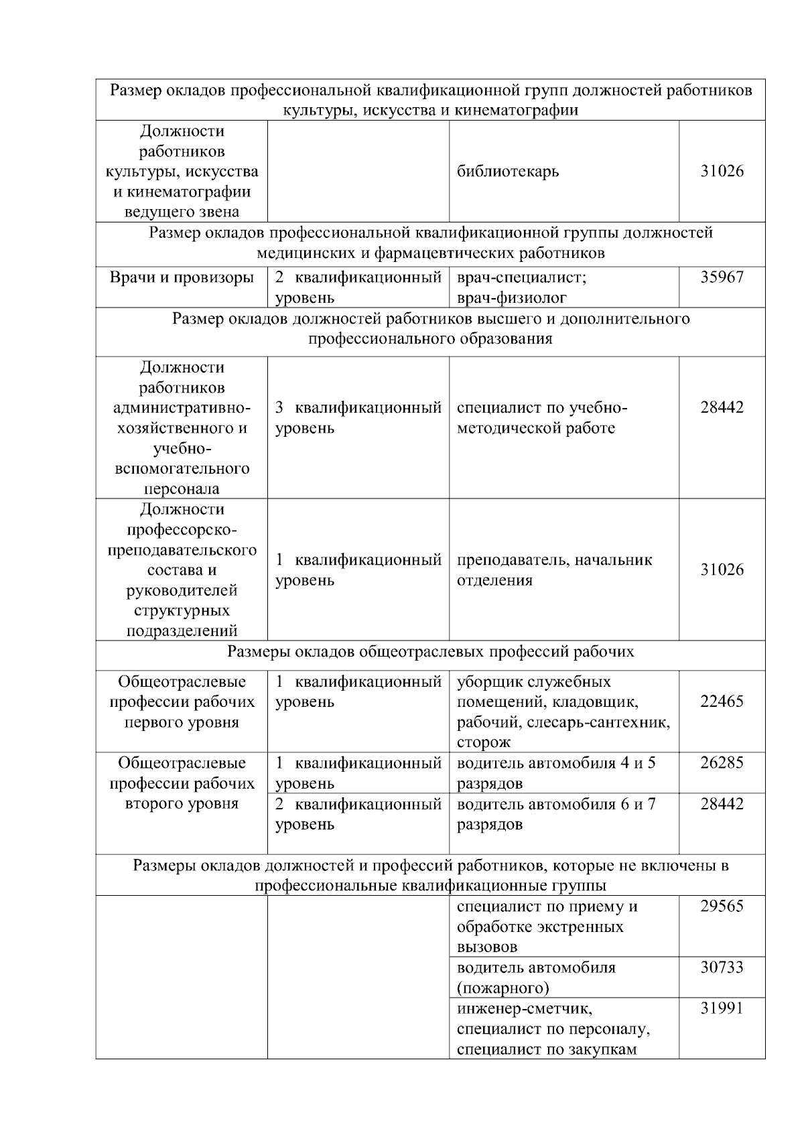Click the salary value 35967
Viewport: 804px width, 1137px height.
(722, 277)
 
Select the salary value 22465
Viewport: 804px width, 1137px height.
(722, 701)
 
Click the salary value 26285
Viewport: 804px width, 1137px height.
(722, 762)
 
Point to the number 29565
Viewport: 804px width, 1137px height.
(722, 906)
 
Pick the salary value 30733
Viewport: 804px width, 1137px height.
(722, 967)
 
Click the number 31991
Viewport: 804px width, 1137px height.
(722, 1008)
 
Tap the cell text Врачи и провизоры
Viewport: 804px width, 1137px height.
(182, 277)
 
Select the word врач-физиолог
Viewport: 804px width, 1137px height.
(512, 298)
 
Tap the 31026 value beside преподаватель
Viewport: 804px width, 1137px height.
(722, 570)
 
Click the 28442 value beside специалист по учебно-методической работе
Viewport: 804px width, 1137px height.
(722, 407)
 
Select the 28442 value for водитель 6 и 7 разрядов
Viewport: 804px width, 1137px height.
(722, 803)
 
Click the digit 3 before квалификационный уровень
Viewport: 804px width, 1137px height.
(279, 407)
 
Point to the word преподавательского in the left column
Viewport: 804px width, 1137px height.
(182, 550)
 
